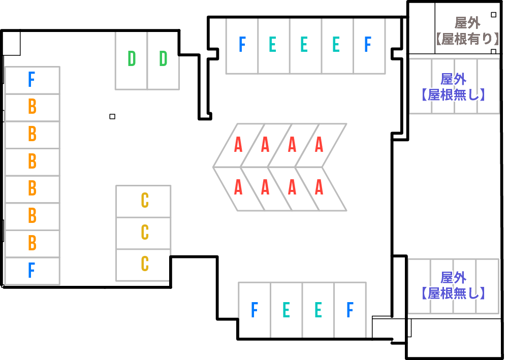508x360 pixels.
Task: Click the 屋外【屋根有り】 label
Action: pos(467,30)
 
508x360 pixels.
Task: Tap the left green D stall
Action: pos(132,59)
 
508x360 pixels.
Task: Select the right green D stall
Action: pos(163,59)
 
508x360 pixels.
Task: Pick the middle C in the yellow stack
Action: pos(145,232)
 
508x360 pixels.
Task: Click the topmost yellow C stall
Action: pos(145,201)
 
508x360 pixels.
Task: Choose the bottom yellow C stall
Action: pos(145,264)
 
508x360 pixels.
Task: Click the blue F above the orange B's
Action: pos(31,80)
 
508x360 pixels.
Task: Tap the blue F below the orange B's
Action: pos(31,270)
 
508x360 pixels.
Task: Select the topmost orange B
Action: pos(32,107)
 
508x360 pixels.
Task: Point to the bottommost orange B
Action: pos(32,243)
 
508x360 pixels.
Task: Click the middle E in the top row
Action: pos(304,45)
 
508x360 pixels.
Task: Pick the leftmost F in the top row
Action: pos(242,45)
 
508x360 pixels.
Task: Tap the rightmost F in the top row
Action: pos(368,45)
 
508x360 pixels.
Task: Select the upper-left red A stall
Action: pos(238,145)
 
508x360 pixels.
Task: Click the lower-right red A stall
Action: pos(319,188)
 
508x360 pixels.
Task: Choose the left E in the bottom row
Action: pos(286,310)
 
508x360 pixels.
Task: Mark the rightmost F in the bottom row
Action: pos(350,310)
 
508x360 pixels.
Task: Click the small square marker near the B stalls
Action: pos(112,117)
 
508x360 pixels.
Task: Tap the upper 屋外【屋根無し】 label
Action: pos(453,87)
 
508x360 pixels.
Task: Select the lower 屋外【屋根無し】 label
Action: pos(453,285)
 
